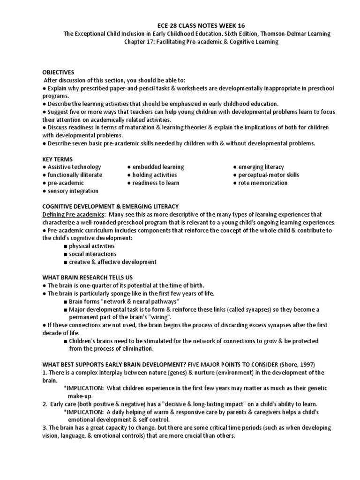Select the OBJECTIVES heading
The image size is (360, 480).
58,72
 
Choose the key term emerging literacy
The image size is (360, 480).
261,167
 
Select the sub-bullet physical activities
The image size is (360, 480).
92,246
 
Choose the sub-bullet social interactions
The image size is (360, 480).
92,254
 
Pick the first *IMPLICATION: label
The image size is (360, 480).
83,388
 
